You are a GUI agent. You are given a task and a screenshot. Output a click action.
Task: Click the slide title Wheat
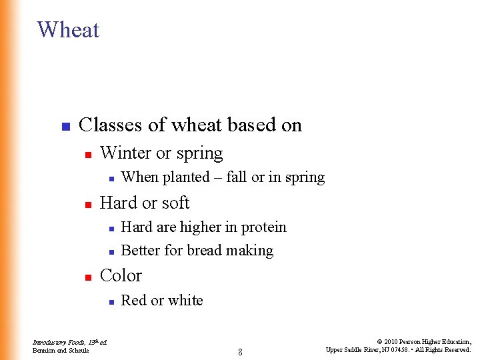pyautogui.click(x=68, y=30)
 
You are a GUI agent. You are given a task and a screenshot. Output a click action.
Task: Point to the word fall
pyautogui.click(x=237, y=177)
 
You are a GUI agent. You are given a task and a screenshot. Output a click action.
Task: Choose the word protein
pyautogui.click(x=263, y=227)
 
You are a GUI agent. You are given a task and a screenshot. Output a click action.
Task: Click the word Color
pyautogui.click(x=121, y=275)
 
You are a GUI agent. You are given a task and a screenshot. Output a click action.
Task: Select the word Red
pyautogui.click(x=133, y=301)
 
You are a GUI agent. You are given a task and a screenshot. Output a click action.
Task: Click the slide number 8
pyautogui.click(x=240, y=351)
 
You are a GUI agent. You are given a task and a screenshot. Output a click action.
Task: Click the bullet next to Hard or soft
pyautogui.click(x=87, y=204)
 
